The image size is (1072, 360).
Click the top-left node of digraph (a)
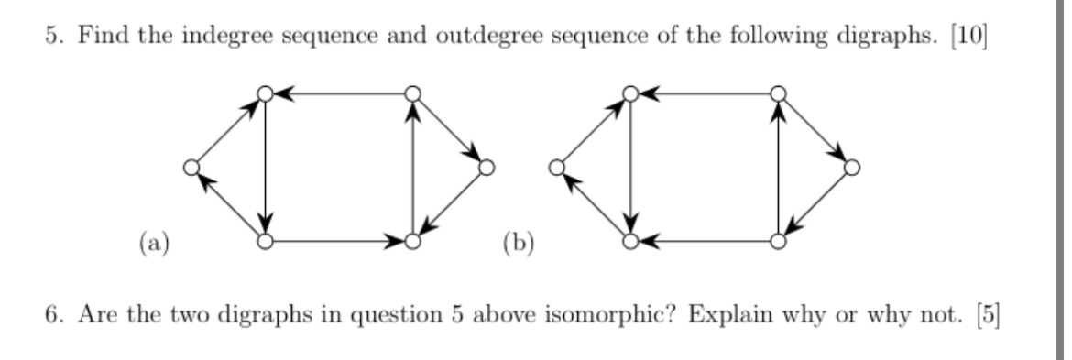(265, 93)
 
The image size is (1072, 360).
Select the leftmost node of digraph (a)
(191, 168)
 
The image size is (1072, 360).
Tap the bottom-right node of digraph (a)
(412, 242)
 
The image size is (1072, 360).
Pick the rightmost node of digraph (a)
(487, 168)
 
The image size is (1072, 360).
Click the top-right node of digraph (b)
(778, 93)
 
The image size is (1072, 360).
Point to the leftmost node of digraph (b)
(555, 168)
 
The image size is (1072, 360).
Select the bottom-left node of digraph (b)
(629, 242)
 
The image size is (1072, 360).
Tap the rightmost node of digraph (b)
(852, 168)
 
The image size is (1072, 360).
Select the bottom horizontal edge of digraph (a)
(338, 242)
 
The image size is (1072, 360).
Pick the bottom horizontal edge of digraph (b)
(704, 242)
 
